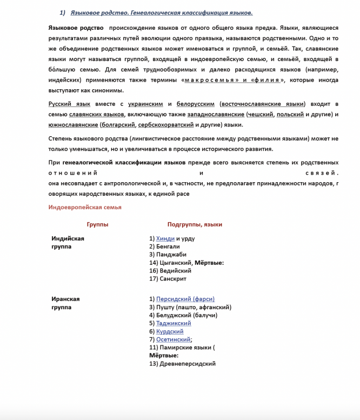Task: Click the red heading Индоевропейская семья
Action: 84,207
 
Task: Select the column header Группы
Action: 97,224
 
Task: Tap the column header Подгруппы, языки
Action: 195,224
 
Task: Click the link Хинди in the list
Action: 165,238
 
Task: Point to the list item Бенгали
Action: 168,246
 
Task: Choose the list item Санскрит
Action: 172,279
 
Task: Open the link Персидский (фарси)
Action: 185,299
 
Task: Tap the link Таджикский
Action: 174,323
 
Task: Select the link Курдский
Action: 170,331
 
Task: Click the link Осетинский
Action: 173,339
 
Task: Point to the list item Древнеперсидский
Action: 187,364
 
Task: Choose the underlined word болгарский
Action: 117,124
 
